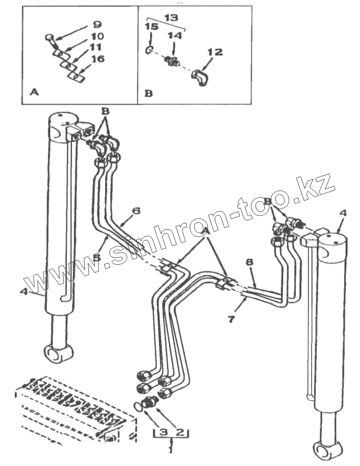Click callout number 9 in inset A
pos(97,25)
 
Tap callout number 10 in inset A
pos(98,37)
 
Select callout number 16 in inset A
pos(98,59)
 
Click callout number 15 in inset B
pos(152,27)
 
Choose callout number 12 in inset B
pos(215,53)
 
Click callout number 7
pos(231,319)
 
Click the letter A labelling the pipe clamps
pos(207,230)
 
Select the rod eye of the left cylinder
pos(58,352)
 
